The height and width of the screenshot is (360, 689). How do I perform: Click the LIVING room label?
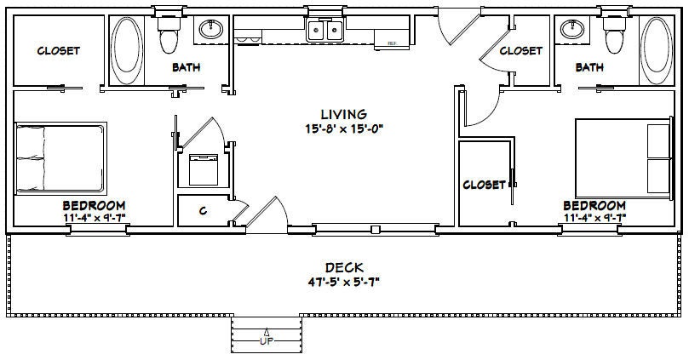tap(343, 114)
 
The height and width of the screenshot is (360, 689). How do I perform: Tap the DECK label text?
tap(343, 268)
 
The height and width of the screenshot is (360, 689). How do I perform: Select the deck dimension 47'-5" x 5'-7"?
tap(343, 283)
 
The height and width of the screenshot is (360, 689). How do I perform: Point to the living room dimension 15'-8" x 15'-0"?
tap(343, 129)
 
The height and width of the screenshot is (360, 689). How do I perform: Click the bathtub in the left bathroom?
tap(128, 50)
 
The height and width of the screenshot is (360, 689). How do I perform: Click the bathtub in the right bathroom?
tap(656, 50)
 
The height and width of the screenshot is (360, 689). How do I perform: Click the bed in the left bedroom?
tap(60, 158)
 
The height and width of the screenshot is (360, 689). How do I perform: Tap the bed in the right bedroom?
tap(623, 157)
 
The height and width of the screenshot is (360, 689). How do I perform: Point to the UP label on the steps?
tap(267, 341)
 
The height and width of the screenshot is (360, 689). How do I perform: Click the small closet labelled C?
tap(203, 211)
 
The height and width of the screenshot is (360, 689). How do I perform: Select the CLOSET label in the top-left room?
tap(58, 50)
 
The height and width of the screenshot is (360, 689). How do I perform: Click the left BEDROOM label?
tap(95, 205)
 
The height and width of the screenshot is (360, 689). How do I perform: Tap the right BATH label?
tap(589, 66)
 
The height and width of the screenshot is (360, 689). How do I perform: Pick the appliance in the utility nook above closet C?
tap(202, 168)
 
